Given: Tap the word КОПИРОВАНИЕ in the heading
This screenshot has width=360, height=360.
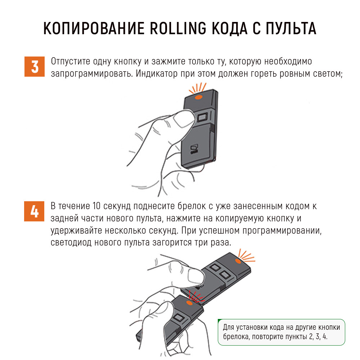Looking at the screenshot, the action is point(94,28).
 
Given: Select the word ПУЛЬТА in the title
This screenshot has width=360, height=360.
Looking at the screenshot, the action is point(291,28).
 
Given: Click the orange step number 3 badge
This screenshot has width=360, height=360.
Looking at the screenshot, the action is point(35,67).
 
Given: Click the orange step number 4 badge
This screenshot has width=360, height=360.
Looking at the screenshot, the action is point(34,211).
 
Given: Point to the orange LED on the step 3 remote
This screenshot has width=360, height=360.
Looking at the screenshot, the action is point(199,97).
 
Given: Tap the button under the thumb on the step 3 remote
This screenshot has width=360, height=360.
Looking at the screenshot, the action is point(202,117).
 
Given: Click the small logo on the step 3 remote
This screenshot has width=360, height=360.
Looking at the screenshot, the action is point(194,149).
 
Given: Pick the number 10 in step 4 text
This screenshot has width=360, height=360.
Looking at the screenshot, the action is point(96,206).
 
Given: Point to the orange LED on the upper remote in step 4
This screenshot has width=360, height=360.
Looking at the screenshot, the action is point(238,261).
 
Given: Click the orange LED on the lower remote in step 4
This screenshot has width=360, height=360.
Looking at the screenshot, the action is point(189,303).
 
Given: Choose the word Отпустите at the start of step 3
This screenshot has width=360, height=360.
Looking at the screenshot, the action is point(71,62).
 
